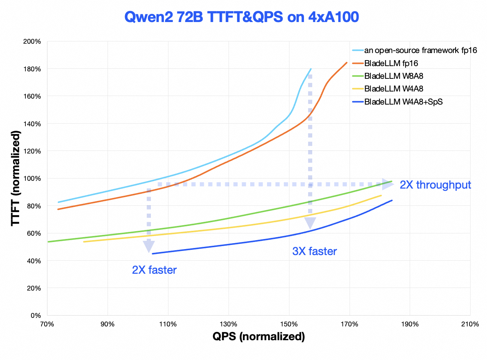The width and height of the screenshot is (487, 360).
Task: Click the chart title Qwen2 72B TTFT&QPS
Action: coord(241,17)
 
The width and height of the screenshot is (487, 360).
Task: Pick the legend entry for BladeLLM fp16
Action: coord(391,63)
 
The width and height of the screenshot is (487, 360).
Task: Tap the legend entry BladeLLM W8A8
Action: coord(394,76)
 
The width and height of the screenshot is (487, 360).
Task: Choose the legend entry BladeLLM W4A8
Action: coord(394,89)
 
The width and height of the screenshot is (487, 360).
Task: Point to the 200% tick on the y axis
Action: coord(32,41)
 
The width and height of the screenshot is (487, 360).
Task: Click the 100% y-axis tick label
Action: coord(32,179)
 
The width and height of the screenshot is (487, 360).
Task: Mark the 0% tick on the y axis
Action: coord(35,316)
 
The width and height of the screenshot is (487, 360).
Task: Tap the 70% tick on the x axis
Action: coord(47,324)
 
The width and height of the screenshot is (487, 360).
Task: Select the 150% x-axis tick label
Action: coord(289,324)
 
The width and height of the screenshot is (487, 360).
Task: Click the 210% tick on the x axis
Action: coord(470,324)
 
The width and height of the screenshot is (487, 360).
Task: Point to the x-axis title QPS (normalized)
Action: coord(259,336)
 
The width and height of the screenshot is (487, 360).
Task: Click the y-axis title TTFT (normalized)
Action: coord(15,178)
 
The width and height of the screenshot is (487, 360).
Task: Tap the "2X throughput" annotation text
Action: coord(435,185)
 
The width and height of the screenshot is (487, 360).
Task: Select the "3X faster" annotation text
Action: coord(314,251)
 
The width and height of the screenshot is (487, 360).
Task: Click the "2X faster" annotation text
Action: coord(154,270)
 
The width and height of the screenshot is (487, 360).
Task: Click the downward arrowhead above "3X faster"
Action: coord(310,223)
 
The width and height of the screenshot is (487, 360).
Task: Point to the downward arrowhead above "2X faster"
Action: coord(149,246)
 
